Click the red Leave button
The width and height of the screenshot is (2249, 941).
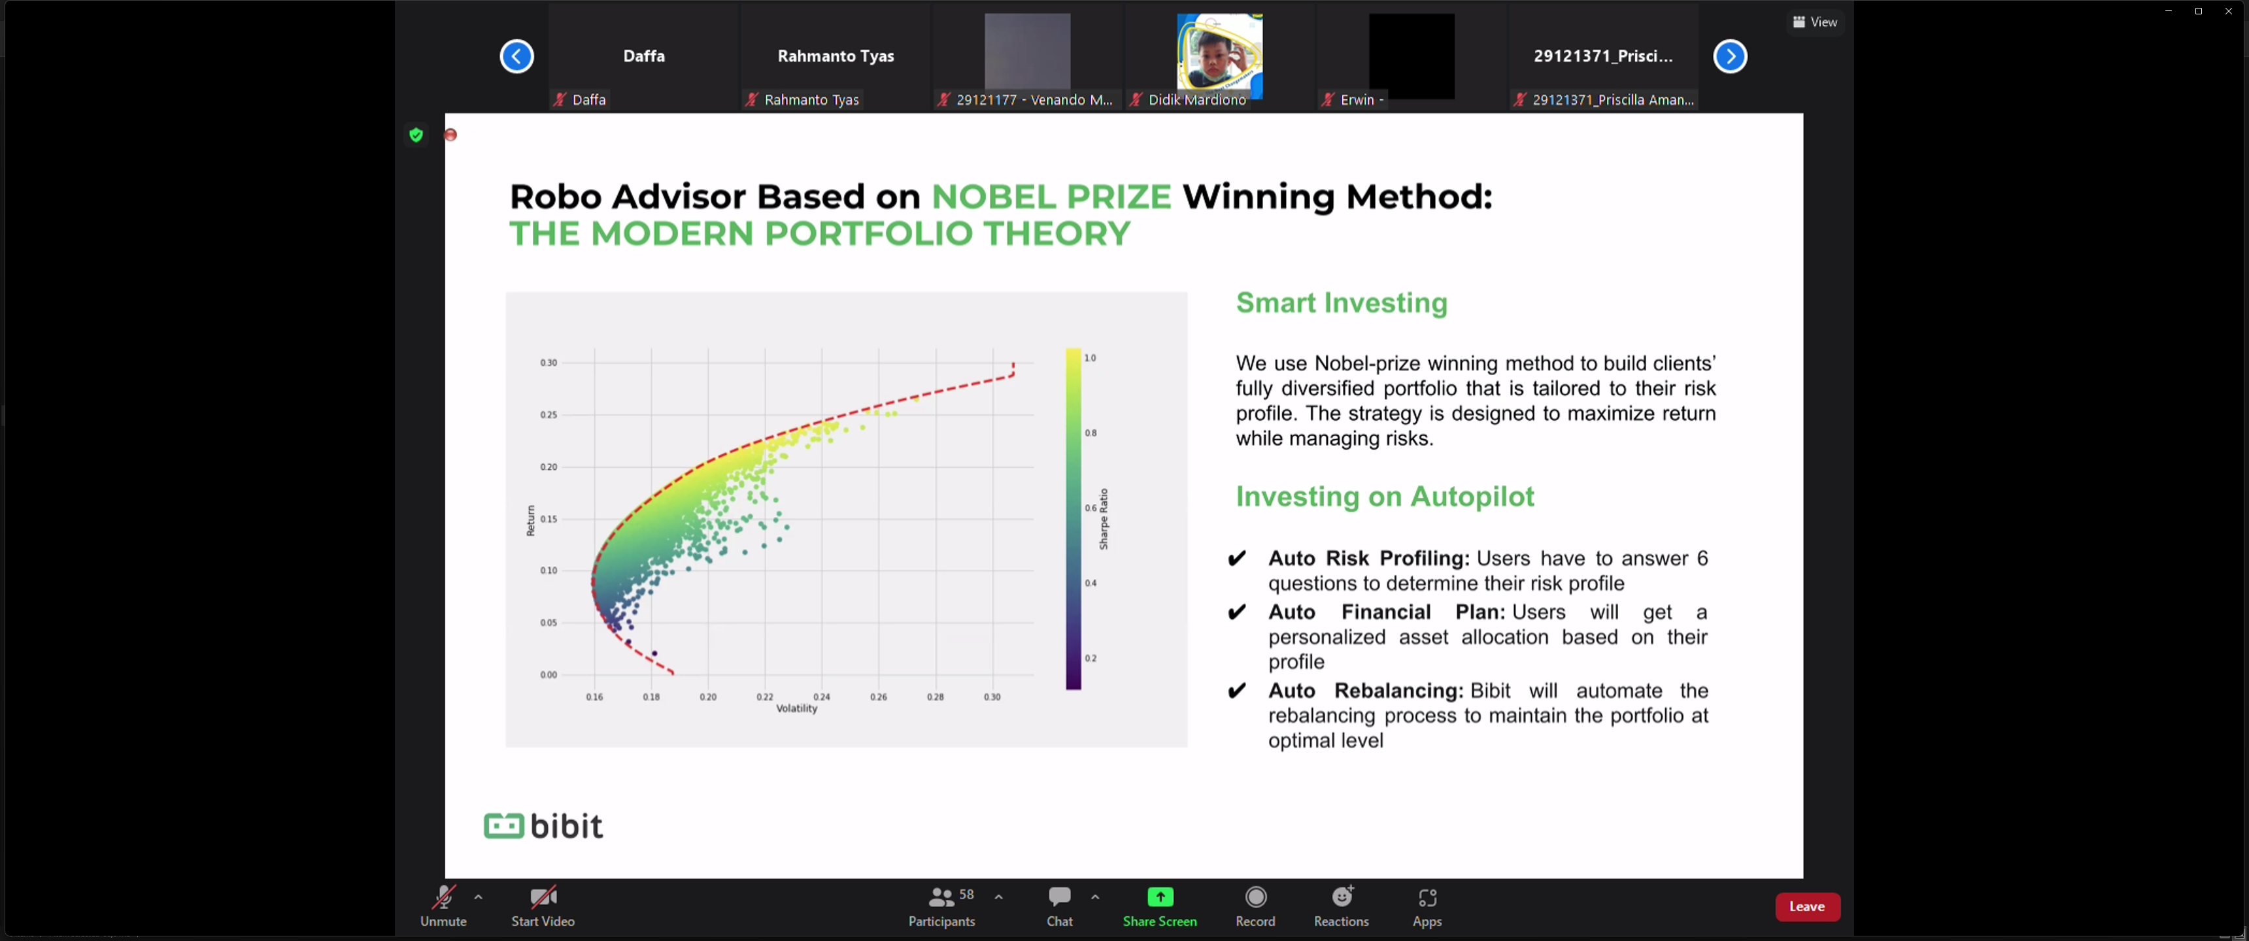click(1806, 906)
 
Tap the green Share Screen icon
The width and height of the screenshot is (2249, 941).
click(1159, 897)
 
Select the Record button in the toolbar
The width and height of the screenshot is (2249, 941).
click(1255, 897)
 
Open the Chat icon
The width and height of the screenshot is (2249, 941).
click(1059, 897)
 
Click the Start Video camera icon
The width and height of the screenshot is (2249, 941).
click(543, 897)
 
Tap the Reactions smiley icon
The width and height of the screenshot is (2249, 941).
click(1342, 897)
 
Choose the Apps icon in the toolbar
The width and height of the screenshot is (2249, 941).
click(1427, 897)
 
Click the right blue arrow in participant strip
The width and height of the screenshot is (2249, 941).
click(1729, 57)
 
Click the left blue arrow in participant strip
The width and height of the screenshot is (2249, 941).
click(517, 57)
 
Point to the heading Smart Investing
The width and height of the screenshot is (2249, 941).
click(1341, 303)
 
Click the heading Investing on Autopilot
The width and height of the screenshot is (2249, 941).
click(1385, 497)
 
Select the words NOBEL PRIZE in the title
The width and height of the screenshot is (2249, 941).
click(1051, 197)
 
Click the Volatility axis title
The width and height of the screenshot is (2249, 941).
click(796, 709)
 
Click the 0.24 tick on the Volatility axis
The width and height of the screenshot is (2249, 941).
click(822, 697)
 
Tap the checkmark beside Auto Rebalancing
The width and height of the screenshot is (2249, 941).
click(1236, 691)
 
